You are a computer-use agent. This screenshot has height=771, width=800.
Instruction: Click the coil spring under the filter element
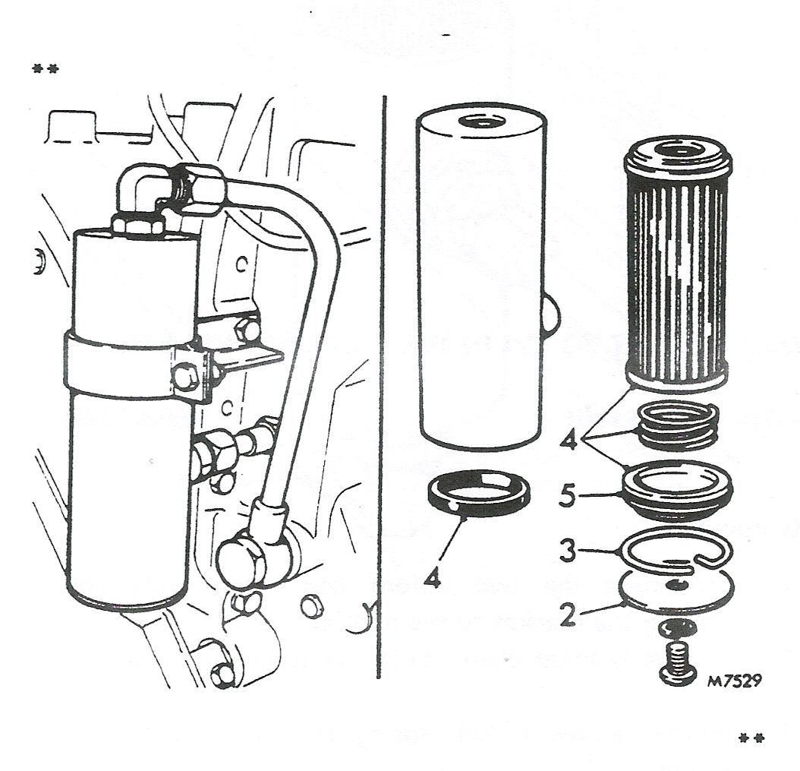[677, 426]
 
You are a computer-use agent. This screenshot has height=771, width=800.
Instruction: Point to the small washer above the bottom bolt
[677, 627]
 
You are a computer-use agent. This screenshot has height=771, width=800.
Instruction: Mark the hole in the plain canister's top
[480, 122]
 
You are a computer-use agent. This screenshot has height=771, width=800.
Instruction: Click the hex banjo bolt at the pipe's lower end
[243, 561]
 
